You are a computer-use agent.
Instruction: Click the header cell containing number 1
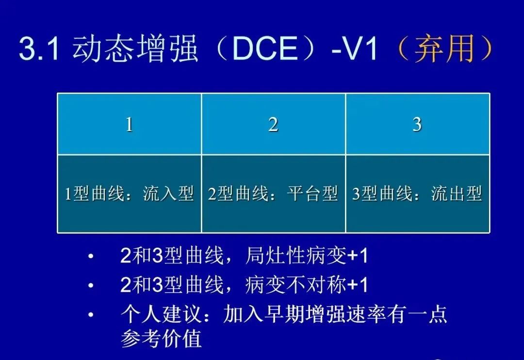129,124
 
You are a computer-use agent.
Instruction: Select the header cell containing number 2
273,124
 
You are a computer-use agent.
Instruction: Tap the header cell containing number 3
417,124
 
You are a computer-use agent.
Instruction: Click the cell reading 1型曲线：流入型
129,194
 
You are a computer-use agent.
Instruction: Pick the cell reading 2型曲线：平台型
273,194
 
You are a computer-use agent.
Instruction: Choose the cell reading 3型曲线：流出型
417,194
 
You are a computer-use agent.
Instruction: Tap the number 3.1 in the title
39,49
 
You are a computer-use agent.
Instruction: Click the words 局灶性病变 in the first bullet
296,256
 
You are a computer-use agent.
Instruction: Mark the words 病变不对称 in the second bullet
296,285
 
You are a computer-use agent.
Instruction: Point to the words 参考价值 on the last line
161,339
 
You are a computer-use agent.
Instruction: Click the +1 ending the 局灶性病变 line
358,256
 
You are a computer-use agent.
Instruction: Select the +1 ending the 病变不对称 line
358,285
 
